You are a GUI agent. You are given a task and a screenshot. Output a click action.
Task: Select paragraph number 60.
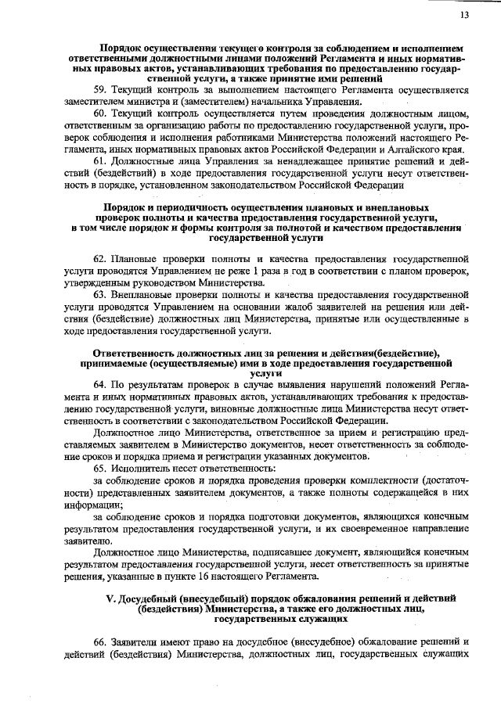[99, 113]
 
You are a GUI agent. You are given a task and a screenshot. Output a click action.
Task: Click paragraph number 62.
[99, 257]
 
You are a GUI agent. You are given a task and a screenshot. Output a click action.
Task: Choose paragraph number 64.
[99, 386]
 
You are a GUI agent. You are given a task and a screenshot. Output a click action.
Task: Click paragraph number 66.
[99, 642]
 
